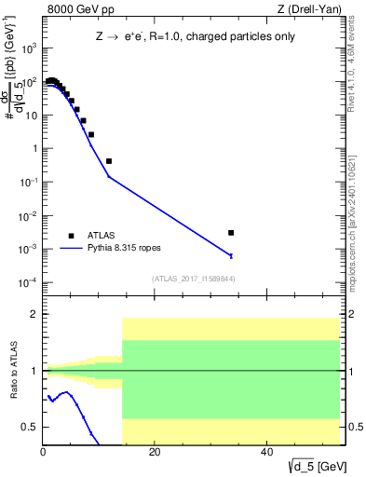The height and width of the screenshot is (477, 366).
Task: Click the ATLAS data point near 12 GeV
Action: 109,161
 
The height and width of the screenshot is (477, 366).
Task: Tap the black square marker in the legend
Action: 71,236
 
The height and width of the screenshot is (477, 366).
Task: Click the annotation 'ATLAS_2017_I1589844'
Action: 194,279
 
